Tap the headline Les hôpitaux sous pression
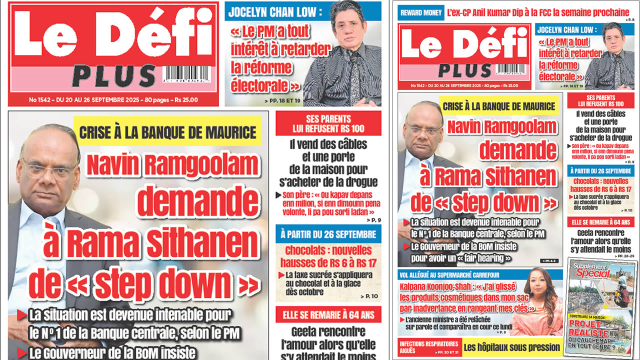pos(511,347)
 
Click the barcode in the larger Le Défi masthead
pos(187,75)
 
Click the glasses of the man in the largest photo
pos(48,170)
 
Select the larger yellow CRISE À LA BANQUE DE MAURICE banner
pos(168,132)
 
